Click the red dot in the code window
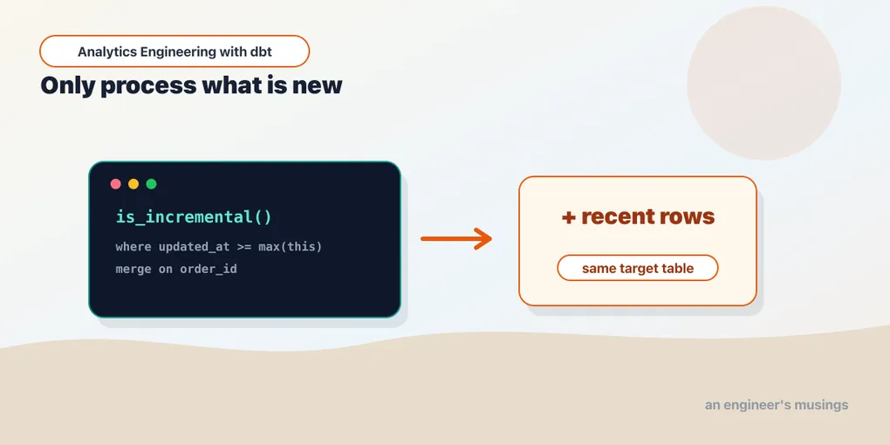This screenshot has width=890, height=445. click(116, 184)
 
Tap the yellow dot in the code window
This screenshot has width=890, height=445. click(133, 184)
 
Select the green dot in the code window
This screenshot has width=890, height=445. click(151, 184)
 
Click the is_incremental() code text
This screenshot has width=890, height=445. click(194, 217)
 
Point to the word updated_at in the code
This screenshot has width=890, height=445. click(194, 247)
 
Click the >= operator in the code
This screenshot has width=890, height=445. click(244, 247)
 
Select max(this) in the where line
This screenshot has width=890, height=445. click(290, 247)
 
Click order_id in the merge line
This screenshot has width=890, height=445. click(209, 270)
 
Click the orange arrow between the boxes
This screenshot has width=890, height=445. click(456, 239)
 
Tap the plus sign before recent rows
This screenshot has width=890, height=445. click(568, 217)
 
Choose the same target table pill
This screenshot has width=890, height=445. click(638, 268)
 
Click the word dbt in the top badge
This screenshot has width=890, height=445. click(261, 51)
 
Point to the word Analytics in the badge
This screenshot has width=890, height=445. click(106, 52)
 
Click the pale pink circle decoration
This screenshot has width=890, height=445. click(764, 83)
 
